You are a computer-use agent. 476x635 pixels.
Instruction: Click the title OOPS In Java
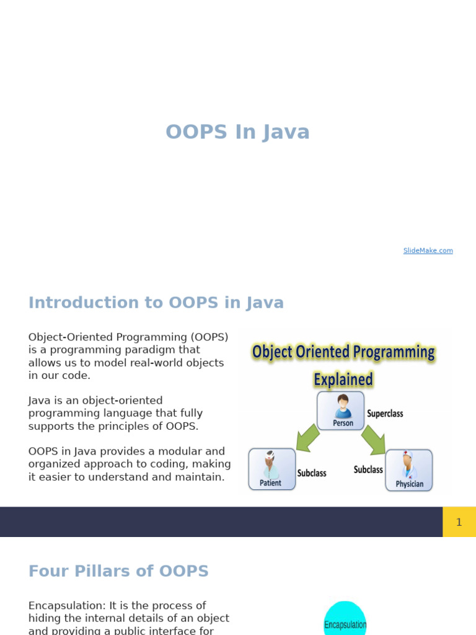point(237,132)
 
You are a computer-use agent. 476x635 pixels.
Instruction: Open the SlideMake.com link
point(428,251)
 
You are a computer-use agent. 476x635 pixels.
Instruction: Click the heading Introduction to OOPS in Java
point(156,303)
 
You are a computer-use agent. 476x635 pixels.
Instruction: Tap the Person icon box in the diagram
point(341,410)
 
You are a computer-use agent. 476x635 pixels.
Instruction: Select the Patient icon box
point(271,469)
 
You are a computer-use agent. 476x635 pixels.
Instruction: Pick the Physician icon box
point(409,470)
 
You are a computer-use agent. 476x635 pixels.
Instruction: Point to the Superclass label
point(385,414)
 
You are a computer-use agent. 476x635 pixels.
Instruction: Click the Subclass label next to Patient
point(311,473)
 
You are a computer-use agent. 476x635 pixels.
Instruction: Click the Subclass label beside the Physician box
point(368,469)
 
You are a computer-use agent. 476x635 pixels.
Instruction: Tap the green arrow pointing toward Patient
point(307,438)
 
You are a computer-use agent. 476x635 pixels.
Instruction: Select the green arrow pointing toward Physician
point(373,438)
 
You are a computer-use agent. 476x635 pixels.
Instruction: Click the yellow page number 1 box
point(459,522)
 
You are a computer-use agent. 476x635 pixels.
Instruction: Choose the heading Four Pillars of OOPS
point(118,571)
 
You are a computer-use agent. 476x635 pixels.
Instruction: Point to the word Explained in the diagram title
point(343,379)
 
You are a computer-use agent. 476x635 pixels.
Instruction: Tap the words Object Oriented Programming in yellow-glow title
point(343,352)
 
